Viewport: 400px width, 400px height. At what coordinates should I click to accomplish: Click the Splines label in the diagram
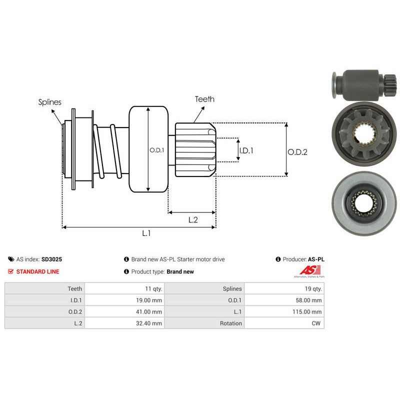pos(50,102)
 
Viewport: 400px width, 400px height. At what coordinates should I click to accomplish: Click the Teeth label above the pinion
pos(204,99)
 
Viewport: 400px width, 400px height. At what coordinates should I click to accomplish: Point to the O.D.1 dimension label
pos(157,149)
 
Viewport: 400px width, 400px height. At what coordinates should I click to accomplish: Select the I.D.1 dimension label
pos(246,149)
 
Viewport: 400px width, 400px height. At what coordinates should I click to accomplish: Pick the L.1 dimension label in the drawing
pos(146,233)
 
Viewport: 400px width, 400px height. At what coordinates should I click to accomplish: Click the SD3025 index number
pos(51,259)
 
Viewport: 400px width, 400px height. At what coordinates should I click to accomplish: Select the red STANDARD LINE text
pos(37,271)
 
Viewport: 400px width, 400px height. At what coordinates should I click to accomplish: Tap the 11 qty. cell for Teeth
pos(153,288)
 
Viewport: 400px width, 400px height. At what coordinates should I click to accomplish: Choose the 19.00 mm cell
pos(150,300)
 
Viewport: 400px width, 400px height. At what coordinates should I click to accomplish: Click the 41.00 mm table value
pos(150,311)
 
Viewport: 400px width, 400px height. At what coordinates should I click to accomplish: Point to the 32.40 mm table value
pos(150,323)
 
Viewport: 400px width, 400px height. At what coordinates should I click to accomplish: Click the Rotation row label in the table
pos(231,323)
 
